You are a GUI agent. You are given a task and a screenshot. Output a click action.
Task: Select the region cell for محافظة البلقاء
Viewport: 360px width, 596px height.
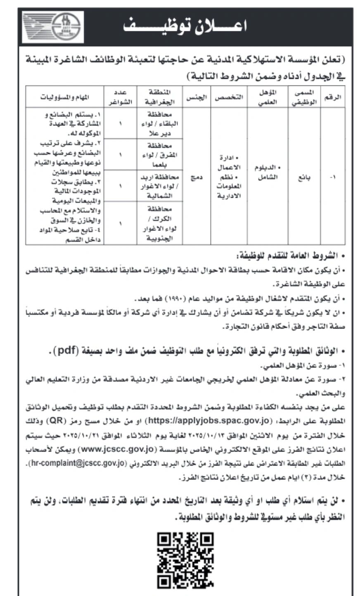[159, 123]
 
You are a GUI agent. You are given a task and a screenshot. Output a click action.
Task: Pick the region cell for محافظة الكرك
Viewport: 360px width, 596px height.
[159, 223]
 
